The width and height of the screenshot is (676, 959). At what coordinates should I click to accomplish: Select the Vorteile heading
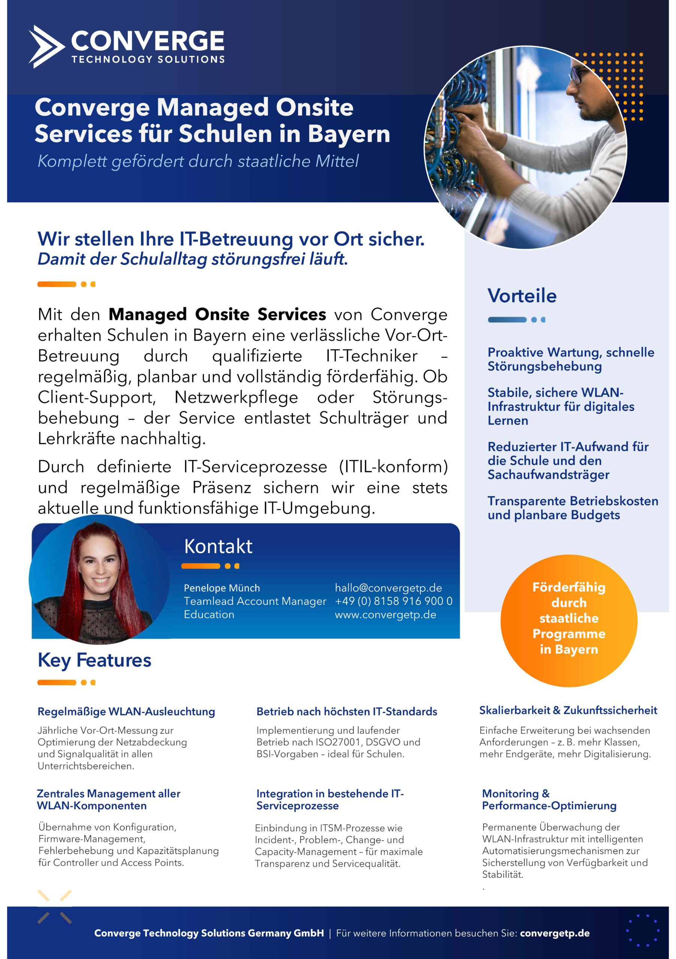[x=522, y=296]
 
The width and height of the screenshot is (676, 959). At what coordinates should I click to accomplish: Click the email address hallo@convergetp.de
[x=388, y=588]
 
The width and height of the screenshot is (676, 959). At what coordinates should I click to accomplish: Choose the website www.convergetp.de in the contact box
[x=385, y=614]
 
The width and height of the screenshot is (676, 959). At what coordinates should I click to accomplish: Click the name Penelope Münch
[x=221, y=588]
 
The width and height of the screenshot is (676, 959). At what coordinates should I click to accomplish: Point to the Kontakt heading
[x=218, y=546]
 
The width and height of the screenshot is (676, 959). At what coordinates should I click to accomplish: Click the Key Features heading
[x=94, y=660]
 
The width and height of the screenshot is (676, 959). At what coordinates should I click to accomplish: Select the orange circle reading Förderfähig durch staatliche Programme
[x=568, y=621]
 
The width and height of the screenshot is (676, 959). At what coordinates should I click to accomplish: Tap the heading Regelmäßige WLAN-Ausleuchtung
[x=126, y=712]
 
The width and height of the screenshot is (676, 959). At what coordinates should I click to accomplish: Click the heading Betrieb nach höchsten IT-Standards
[x=346, y=712]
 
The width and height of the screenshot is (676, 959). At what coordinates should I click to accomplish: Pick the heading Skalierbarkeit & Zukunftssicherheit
[x=568, y=711]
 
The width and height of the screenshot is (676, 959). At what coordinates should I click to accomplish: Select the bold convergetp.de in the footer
[x=555, y=933]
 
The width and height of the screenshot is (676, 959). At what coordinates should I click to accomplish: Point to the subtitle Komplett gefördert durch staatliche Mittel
[x=198, y=161]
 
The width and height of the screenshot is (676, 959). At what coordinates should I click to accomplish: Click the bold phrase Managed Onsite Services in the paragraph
[x=217, y=315]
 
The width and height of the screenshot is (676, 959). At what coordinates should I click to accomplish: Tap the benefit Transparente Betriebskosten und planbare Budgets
[x=572, y=508]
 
